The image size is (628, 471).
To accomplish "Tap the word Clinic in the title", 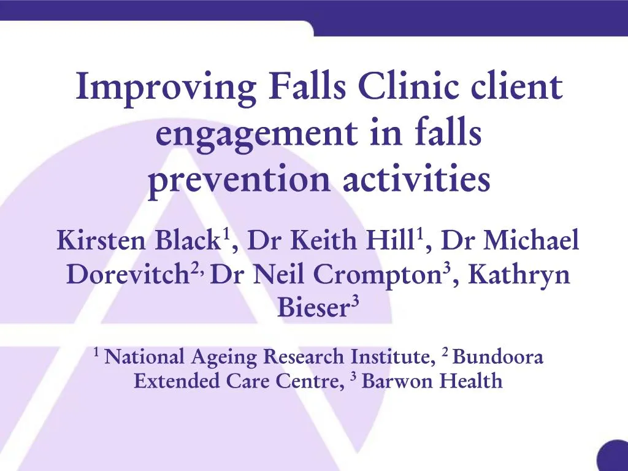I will point(408,88).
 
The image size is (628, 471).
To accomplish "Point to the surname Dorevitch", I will point(126,275).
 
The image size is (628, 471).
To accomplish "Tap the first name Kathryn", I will point(519,275).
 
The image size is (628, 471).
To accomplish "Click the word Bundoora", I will point(498,356).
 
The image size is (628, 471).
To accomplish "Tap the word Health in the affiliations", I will point(472,381).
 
